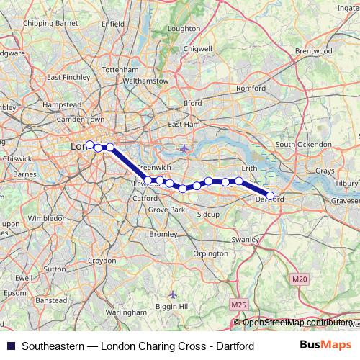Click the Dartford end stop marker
tap(271, 195)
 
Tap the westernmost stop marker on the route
tap(90, 145)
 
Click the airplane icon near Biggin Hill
tap(171, 294)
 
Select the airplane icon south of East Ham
tap(185, 148)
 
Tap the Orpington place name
tap(210, 254)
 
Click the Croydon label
tap(102, 260)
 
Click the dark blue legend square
tap(11, 346)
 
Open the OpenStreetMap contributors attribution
tap(298, 323)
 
